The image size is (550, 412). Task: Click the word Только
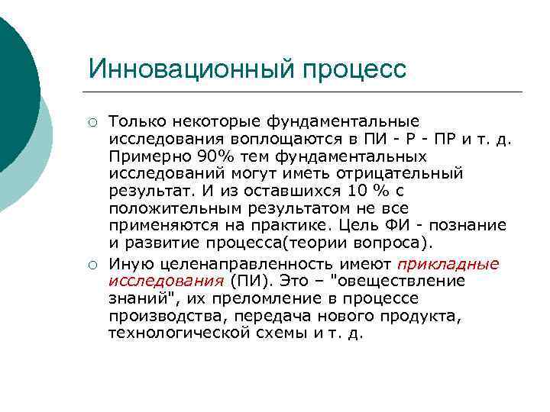pyautogui.click(x=136, y=121)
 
